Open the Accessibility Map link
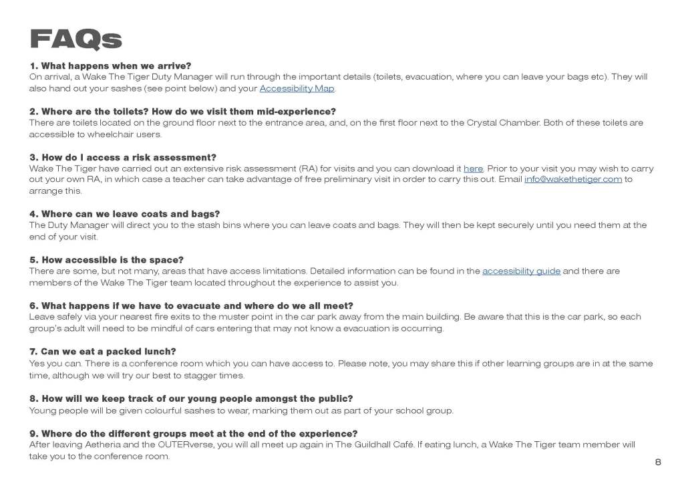pos(297,89)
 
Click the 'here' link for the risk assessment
pos(473,169)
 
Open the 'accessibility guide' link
pos(521,271)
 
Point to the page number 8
pos(658,462)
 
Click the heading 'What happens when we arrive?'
pos(111,66)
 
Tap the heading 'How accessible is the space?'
pos(107,260)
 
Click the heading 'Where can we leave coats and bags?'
pos(125,214)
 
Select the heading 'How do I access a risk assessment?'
pos(124,157)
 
